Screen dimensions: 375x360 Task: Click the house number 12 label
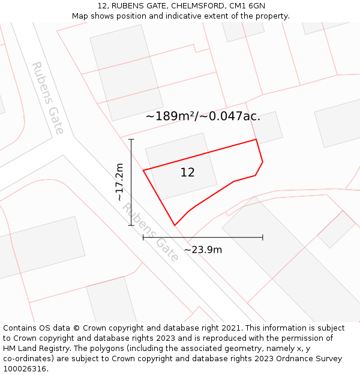click(x=188, y=173)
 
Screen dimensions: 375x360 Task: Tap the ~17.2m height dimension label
click(x=119, y=182)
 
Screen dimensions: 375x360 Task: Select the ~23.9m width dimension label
click(x=203, y=250)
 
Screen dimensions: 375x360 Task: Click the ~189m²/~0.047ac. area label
click(x=203, y=116)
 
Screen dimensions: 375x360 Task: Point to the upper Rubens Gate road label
click(x=47, y=97)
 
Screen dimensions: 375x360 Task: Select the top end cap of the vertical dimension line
click(x=131, y=139)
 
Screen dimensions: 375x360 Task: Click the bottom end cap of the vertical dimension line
click(x=131, y=226)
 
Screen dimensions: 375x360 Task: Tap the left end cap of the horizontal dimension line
click(x=143, y=238)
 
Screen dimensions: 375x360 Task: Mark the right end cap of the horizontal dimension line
click(x=263, y=238)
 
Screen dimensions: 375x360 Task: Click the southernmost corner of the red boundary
click(x=175, y=226)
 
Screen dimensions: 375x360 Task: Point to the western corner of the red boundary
click(x=143, y=170)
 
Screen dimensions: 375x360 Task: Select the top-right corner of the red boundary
click(x=256, y=140)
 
